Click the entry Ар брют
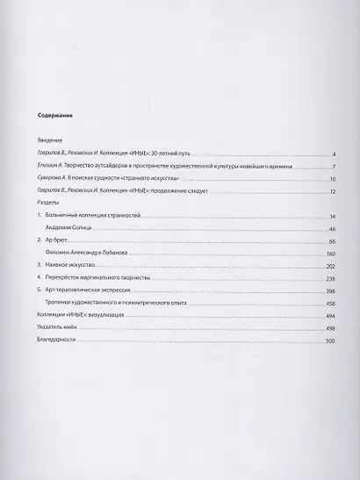(59, 240)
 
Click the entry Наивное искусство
(74, 264)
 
